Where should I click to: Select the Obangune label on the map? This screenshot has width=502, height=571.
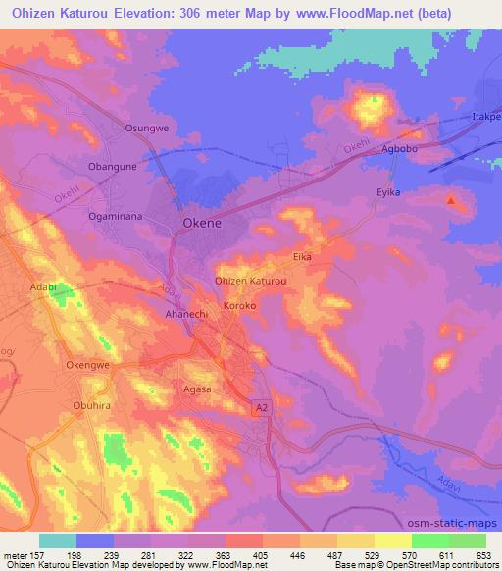pos(113,166)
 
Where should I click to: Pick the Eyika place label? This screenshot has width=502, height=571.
pos(390,192)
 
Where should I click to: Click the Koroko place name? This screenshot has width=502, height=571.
pos(240,306)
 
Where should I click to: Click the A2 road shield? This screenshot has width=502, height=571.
pos(261,407)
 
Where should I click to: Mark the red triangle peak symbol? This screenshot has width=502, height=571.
pos(451,200)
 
